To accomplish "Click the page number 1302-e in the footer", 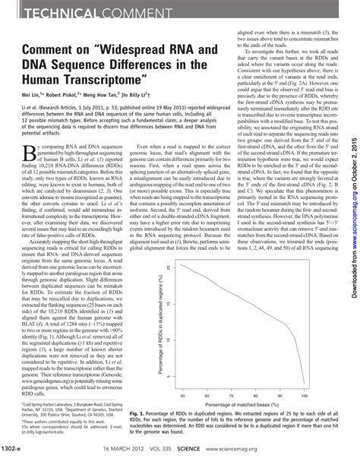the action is point(17,448).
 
